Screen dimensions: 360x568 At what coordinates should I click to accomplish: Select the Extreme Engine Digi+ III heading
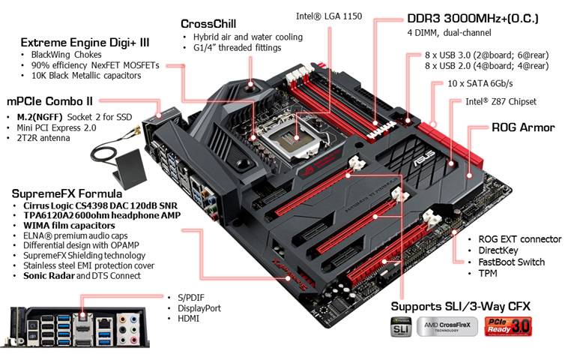pyautogui.click(x=84, y=42)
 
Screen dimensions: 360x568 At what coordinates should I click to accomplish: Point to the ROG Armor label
pyautogui.click(x=522, y=127)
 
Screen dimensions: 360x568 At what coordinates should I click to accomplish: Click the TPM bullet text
pyautogui.click(x=489, y=274)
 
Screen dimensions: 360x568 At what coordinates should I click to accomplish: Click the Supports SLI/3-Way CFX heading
pyautogui.click(x=459, y=306)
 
